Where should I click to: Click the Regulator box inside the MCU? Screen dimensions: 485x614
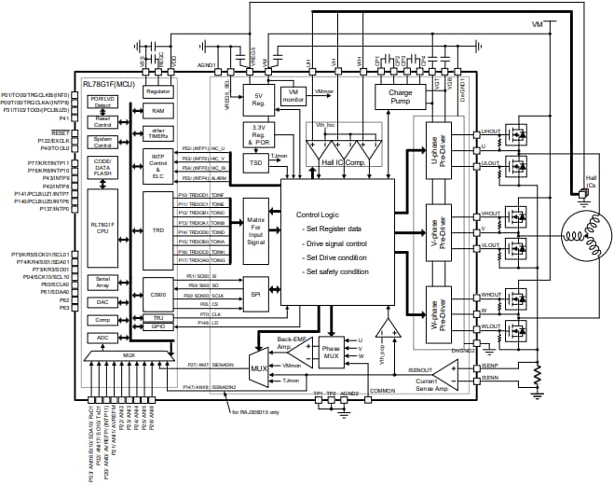pyautogui.click(x=158, y=91)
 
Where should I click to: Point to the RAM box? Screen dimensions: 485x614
pyautogui.click(x=158, y=111)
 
